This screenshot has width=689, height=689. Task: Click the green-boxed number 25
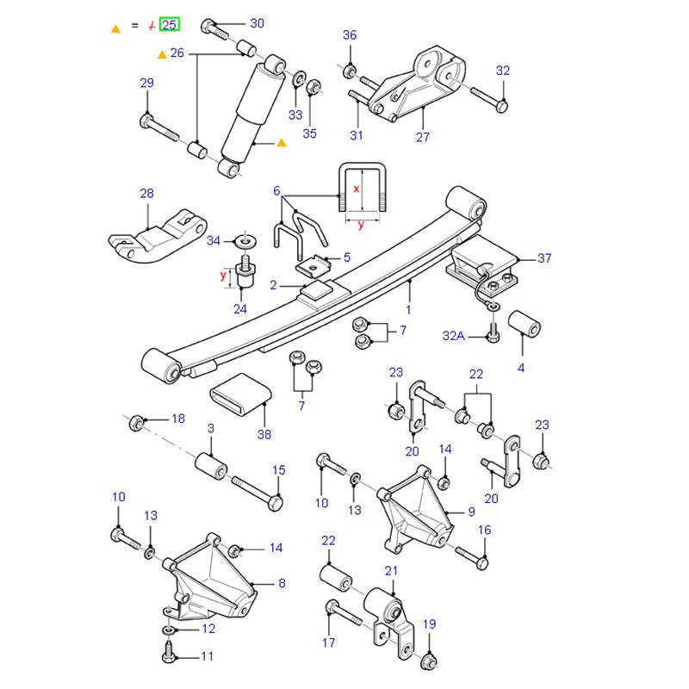pyautogui.click(x=170, y=24)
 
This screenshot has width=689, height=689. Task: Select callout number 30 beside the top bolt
pyautogui.click(x=257, y=23)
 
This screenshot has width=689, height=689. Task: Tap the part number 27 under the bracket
pyautogui.click(x=422, y=136)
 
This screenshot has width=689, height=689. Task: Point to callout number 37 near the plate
pyautogui.click(x=543, y=258)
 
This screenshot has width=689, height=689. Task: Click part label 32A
pyautogui.click(x=454, y=336)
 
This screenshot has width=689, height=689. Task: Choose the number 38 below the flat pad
pyautogui.click(x=264, y=434)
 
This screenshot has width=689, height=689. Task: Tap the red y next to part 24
pyautogui.click(x=222, y=276)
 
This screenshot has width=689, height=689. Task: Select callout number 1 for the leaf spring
pyautogui.click(x=408, y=309)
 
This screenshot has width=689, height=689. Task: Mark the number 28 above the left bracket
pyautogui.click(x=146, y=194)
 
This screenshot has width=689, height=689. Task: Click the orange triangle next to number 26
pyautogui.click(x=161, y=54)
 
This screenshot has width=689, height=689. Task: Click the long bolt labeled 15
pyautogui.click(x=254, y=493)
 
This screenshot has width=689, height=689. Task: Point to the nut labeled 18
pyautogui.click(x=136, y=423)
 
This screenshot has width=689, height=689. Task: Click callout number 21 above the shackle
pyautogui.click(x=391, y=570)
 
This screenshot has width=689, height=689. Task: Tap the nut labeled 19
pyautogui.click(x=431, y=661)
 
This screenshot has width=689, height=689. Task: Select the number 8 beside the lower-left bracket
pyautogui.click(x=281, y=583)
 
